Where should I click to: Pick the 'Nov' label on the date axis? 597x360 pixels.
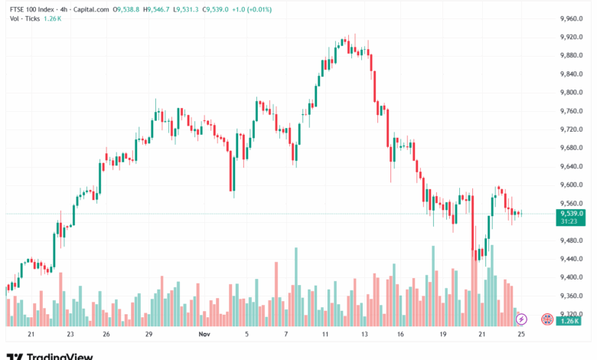204,335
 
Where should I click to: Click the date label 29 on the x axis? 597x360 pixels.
150,335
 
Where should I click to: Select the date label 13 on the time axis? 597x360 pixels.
364,335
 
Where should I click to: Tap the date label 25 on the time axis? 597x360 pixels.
520,335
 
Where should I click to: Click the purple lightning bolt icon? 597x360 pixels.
521,318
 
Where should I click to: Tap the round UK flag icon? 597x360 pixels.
546,318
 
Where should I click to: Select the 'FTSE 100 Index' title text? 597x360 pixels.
30,9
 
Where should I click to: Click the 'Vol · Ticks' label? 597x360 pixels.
21,19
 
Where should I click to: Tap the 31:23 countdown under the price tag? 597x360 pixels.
569,221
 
